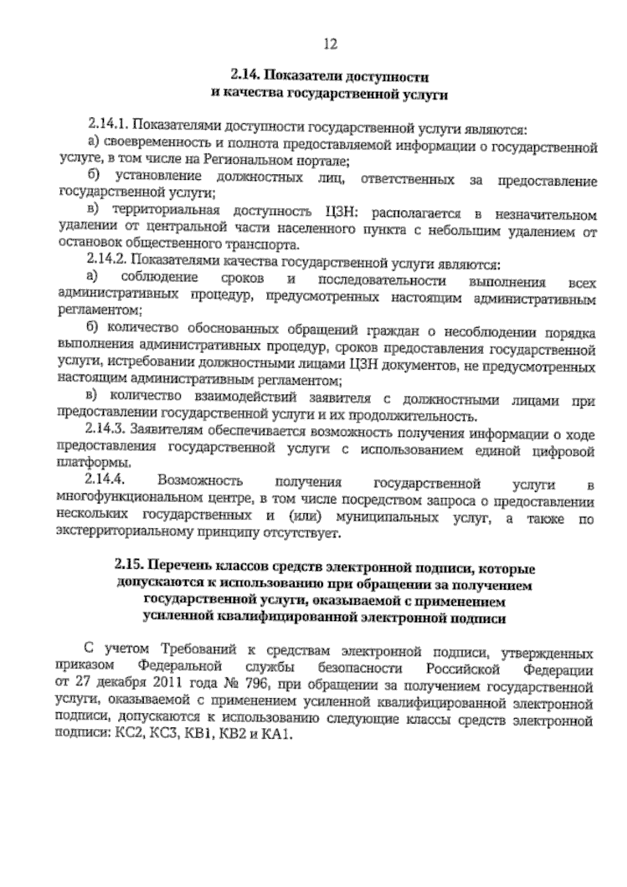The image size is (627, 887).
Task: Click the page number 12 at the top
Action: [x=330, y=44]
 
